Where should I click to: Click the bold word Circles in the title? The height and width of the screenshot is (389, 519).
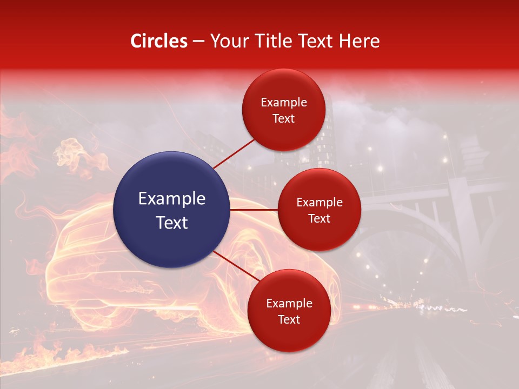point(159,41)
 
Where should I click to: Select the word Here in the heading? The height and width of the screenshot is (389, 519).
point(359,41)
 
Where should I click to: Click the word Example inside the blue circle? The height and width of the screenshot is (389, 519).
point(171,199)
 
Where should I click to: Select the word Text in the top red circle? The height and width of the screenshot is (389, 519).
point(283,118)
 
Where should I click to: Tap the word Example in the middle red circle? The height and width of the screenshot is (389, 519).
point(319,203)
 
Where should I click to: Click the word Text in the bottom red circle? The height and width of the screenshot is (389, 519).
point(289,319)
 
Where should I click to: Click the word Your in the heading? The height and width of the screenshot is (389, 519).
point(229,41)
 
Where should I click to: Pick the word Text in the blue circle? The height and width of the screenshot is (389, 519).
point(171,223)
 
